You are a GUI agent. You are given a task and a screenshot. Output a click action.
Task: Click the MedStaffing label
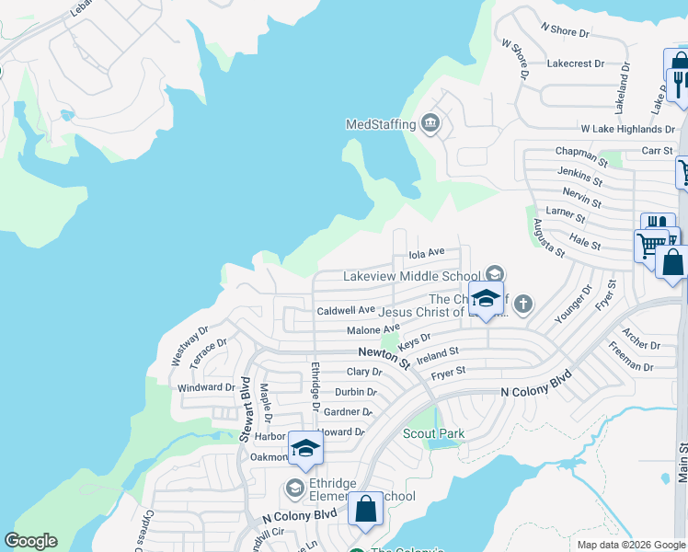tap(381, 124)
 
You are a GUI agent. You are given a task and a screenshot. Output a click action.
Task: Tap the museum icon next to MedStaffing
tap(430, 123)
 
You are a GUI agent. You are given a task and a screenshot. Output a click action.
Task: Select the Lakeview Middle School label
tap(411, 275)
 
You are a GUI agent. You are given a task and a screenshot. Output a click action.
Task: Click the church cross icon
tap(522, 304)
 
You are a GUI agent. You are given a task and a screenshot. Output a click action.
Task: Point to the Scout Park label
tap(433, 433)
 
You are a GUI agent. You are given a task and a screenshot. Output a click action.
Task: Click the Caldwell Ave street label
tap(346, 311)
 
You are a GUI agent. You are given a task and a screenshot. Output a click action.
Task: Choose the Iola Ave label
tap(426, 252)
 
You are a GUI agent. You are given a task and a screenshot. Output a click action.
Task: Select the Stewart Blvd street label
tap(247, 408)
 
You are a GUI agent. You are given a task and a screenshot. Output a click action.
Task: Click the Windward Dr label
tap(206, 387)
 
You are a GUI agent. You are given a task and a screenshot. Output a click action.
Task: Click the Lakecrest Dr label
tap(575, 64)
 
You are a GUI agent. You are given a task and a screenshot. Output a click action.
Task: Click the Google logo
tap(30, 541)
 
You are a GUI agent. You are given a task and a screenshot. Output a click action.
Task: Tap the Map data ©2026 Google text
tap(630, 545)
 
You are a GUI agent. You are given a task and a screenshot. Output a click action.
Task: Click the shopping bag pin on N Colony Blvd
tap(365, 509)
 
